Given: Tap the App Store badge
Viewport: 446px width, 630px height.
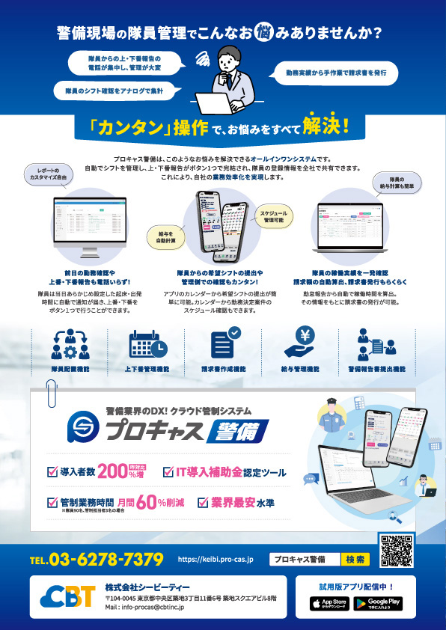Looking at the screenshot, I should tap(329, 602).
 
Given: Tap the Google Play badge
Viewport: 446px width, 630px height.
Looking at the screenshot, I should tap(378, 602).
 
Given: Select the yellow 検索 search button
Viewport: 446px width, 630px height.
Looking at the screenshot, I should tap(354, 559).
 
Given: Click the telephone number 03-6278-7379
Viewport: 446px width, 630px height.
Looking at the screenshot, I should tap(97, 560).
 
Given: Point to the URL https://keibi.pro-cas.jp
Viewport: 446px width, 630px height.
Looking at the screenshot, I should tap(216, 560).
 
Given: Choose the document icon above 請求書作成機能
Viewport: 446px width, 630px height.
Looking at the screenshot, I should tap(224, 343).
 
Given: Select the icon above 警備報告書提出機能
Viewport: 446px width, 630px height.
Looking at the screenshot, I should tap(376, 343).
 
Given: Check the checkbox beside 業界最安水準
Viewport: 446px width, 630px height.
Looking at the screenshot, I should tap(204, 502).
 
